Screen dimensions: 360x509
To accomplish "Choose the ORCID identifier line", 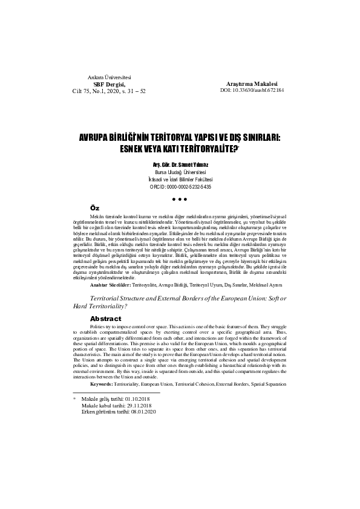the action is click(x=179, y=187).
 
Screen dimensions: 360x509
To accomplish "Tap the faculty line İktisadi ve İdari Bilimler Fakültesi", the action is click(x=179, y=180).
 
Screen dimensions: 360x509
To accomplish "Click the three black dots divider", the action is click(x=179, y=199).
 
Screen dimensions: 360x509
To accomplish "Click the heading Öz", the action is click(x=94, y=208).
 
